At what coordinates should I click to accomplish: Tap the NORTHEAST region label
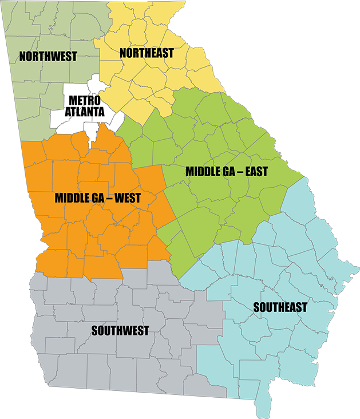point(147,53)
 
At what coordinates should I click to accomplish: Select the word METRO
point(85,101)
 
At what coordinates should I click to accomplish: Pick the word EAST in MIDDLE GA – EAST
point(255,172)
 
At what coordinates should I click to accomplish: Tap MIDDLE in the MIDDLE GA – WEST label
point(73,198)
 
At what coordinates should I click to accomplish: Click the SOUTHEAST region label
point(280,307)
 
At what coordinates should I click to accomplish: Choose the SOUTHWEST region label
point(120,331)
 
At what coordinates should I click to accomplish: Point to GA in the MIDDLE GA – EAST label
point(230,172)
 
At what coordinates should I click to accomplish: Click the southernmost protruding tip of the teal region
point(263,416)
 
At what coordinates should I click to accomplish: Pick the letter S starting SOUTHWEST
point(94,331)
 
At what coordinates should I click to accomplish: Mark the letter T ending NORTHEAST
point(171,53)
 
